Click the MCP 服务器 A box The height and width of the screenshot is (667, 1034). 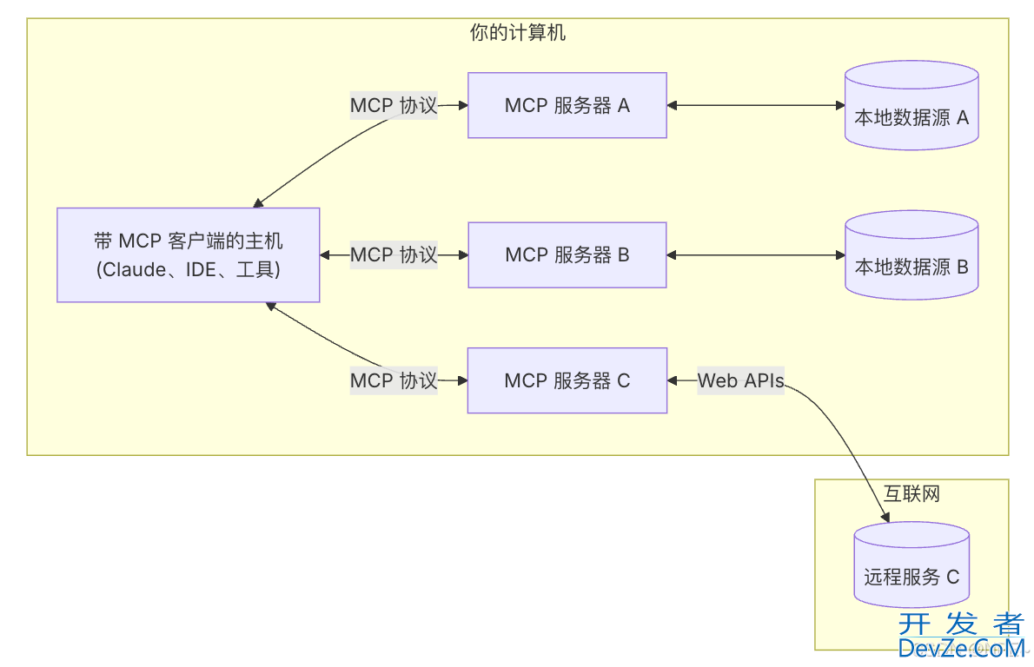[567, 105]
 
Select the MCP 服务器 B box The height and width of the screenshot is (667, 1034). [567, 254]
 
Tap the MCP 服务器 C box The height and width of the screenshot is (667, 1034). [567, 380]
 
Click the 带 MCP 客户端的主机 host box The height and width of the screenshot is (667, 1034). [189, 254]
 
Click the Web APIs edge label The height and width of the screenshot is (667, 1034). [741, 380]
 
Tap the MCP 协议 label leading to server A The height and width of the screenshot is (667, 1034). [394, 106]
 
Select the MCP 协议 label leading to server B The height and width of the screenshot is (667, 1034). [394, 254]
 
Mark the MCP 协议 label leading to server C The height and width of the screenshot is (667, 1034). [394, 380]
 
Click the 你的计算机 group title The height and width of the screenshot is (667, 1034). [518, 34]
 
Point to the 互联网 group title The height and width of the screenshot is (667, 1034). [912, 494]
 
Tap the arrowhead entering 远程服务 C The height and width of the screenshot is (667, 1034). [885, 518]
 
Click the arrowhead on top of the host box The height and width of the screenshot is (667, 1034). [258, 203]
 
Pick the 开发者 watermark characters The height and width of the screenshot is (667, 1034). [961, 624]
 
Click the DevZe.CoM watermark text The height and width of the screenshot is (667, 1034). [961, 648]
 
